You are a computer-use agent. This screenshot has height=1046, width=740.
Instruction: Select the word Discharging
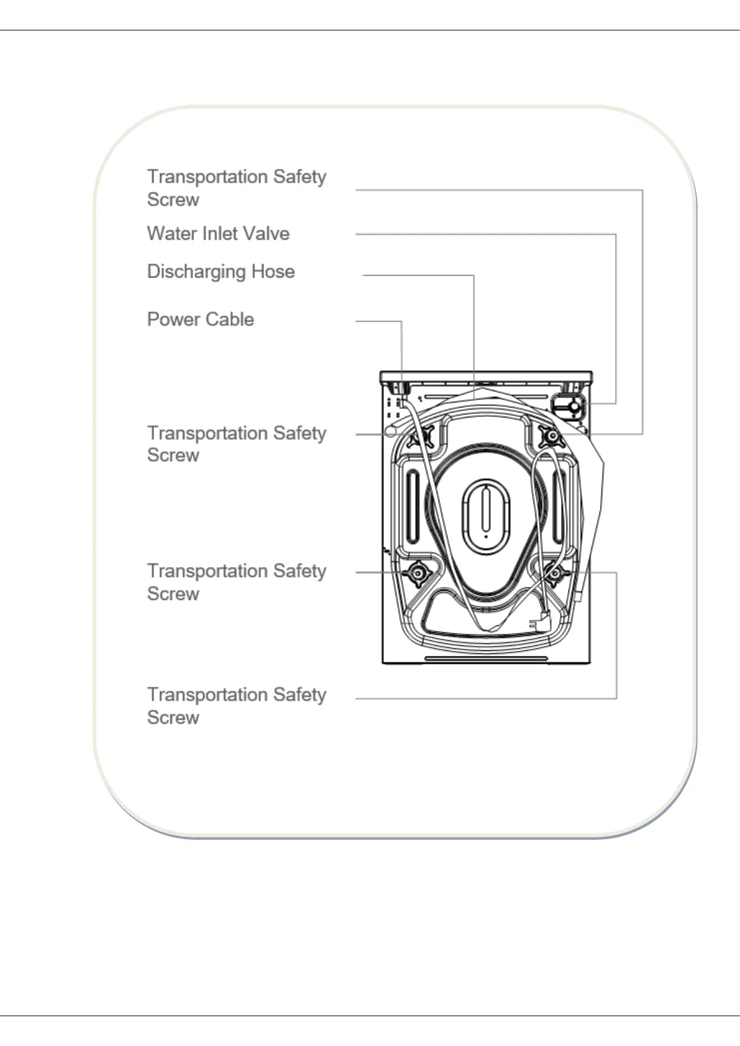196,272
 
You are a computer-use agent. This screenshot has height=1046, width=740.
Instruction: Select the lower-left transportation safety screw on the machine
417,573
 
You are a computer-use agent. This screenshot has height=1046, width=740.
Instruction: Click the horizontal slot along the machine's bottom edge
486,658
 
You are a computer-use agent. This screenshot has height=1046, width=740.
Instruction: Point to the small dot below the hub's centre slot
486,533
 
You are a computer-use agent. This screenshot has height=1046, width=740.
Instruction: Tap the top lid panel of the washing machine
486,376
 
